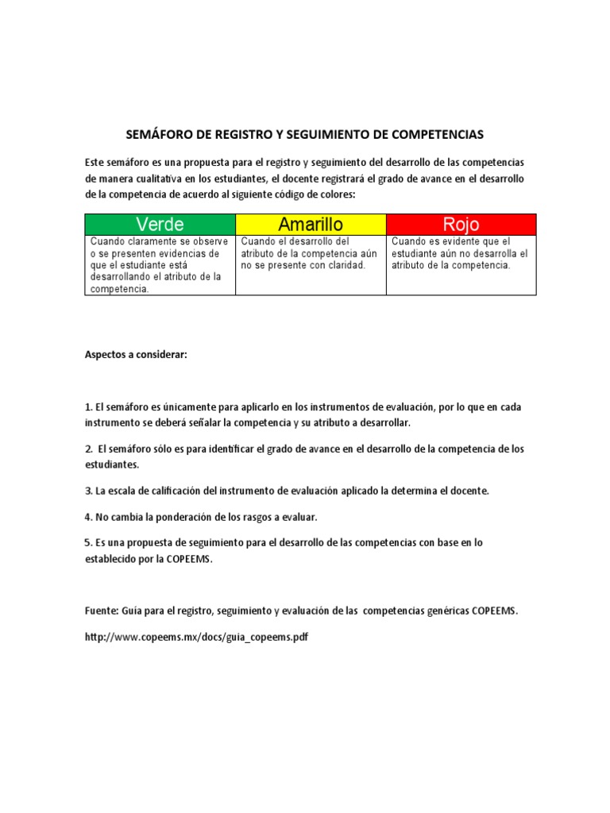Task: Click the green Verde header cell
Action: tap(160, 224)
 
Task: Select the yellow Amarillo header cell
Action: tap(311, 224)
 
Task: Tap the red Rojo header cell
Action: tap(461, 224)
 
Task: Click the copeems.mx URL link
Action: tap(196, 637)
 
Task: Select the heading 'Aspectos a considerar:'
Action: tap(136, 354)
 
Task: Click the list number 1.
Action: tap(88, 407)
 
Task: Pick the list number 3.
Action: tap(88, 491)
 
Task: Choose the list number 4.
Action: tap(88, 517)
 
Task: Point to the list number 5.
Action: tap(88, 543)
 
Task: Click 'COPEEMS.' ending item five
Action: tap(190, 558)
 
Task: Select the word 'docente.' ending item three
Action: tap(469, 491)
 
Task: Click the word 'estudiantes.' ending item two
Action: tap(112, 464)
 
